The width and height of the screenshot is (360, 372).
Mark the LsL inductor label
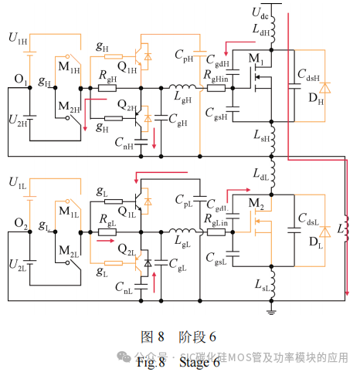tap(262, 286)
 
